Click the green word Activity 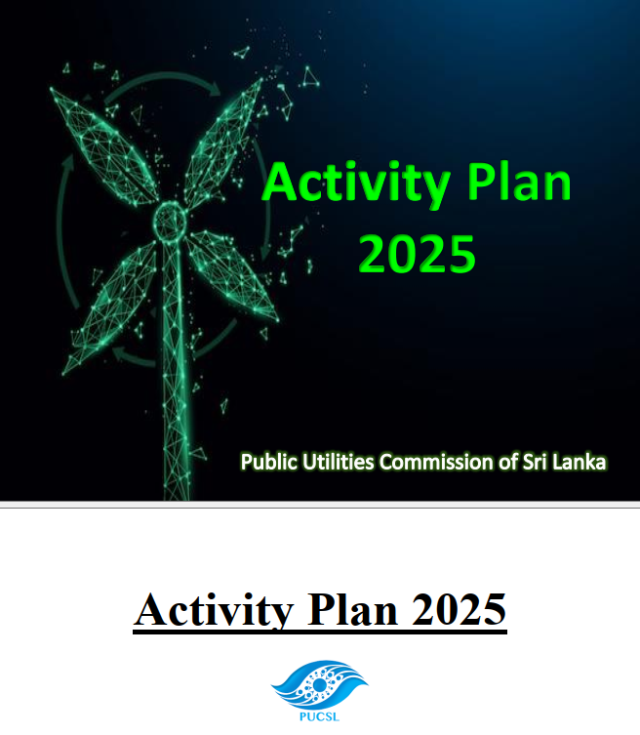356,184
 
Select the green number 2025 417,254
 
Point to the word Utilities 338,462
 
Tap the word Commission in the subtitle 436,463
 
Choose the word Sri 535,462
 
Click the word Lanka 580,462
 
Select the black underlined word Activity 214,610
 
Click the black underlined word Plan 352,609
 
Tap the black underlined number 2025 459,609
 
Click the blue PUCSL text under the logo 320,716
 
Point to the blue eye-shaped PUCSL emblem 320,685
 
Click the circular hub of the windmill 171,221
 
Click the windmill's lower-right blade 232,275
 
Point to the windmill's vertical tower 176,370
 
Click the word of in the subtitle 507,463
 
